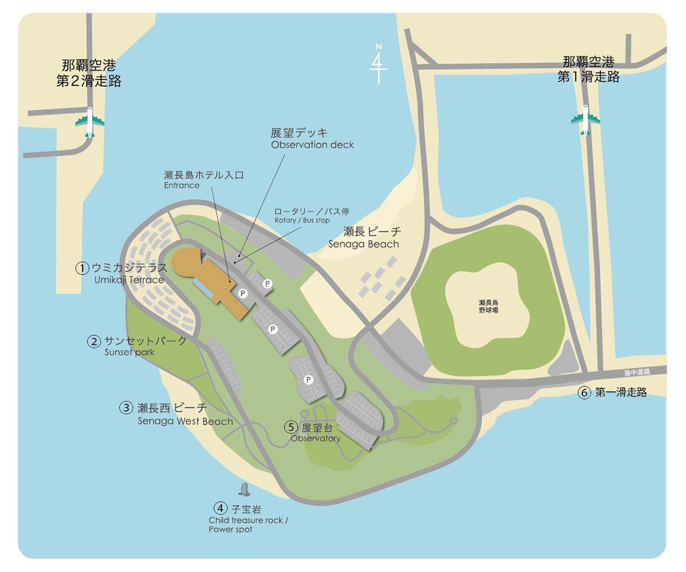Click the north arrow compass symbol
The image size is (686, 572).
378,63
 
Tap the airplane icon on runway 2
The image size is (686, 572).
90,122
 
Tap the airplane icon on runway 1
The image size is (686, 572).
585,120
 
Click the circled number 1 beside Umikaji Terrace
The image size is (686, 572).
82,268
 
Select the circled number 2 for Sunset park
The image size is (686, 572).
94,341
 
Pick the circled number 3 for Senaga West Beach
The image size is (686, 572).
126,408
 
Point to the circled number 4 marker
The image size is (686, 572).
221,508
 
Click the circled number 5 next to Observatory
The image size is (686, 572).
292,427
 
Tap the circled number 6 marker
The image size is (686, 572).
584,392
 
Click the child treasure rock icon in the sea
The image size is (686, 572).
245,490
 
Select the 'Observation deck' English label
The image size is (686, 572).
312,145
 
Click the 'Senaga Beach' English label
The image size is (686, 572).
364,244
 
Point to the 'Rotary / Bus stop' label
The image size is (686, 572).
302,220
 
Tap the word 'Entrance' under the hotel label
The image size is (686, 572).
182,185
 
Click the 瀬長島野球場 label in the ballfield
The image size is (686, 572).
488,306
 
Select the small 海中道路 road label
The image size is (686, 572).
637,372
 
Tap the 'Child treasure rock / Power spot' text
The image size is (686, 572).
248,525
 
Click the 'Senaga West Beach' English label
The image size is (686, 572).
185,422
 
